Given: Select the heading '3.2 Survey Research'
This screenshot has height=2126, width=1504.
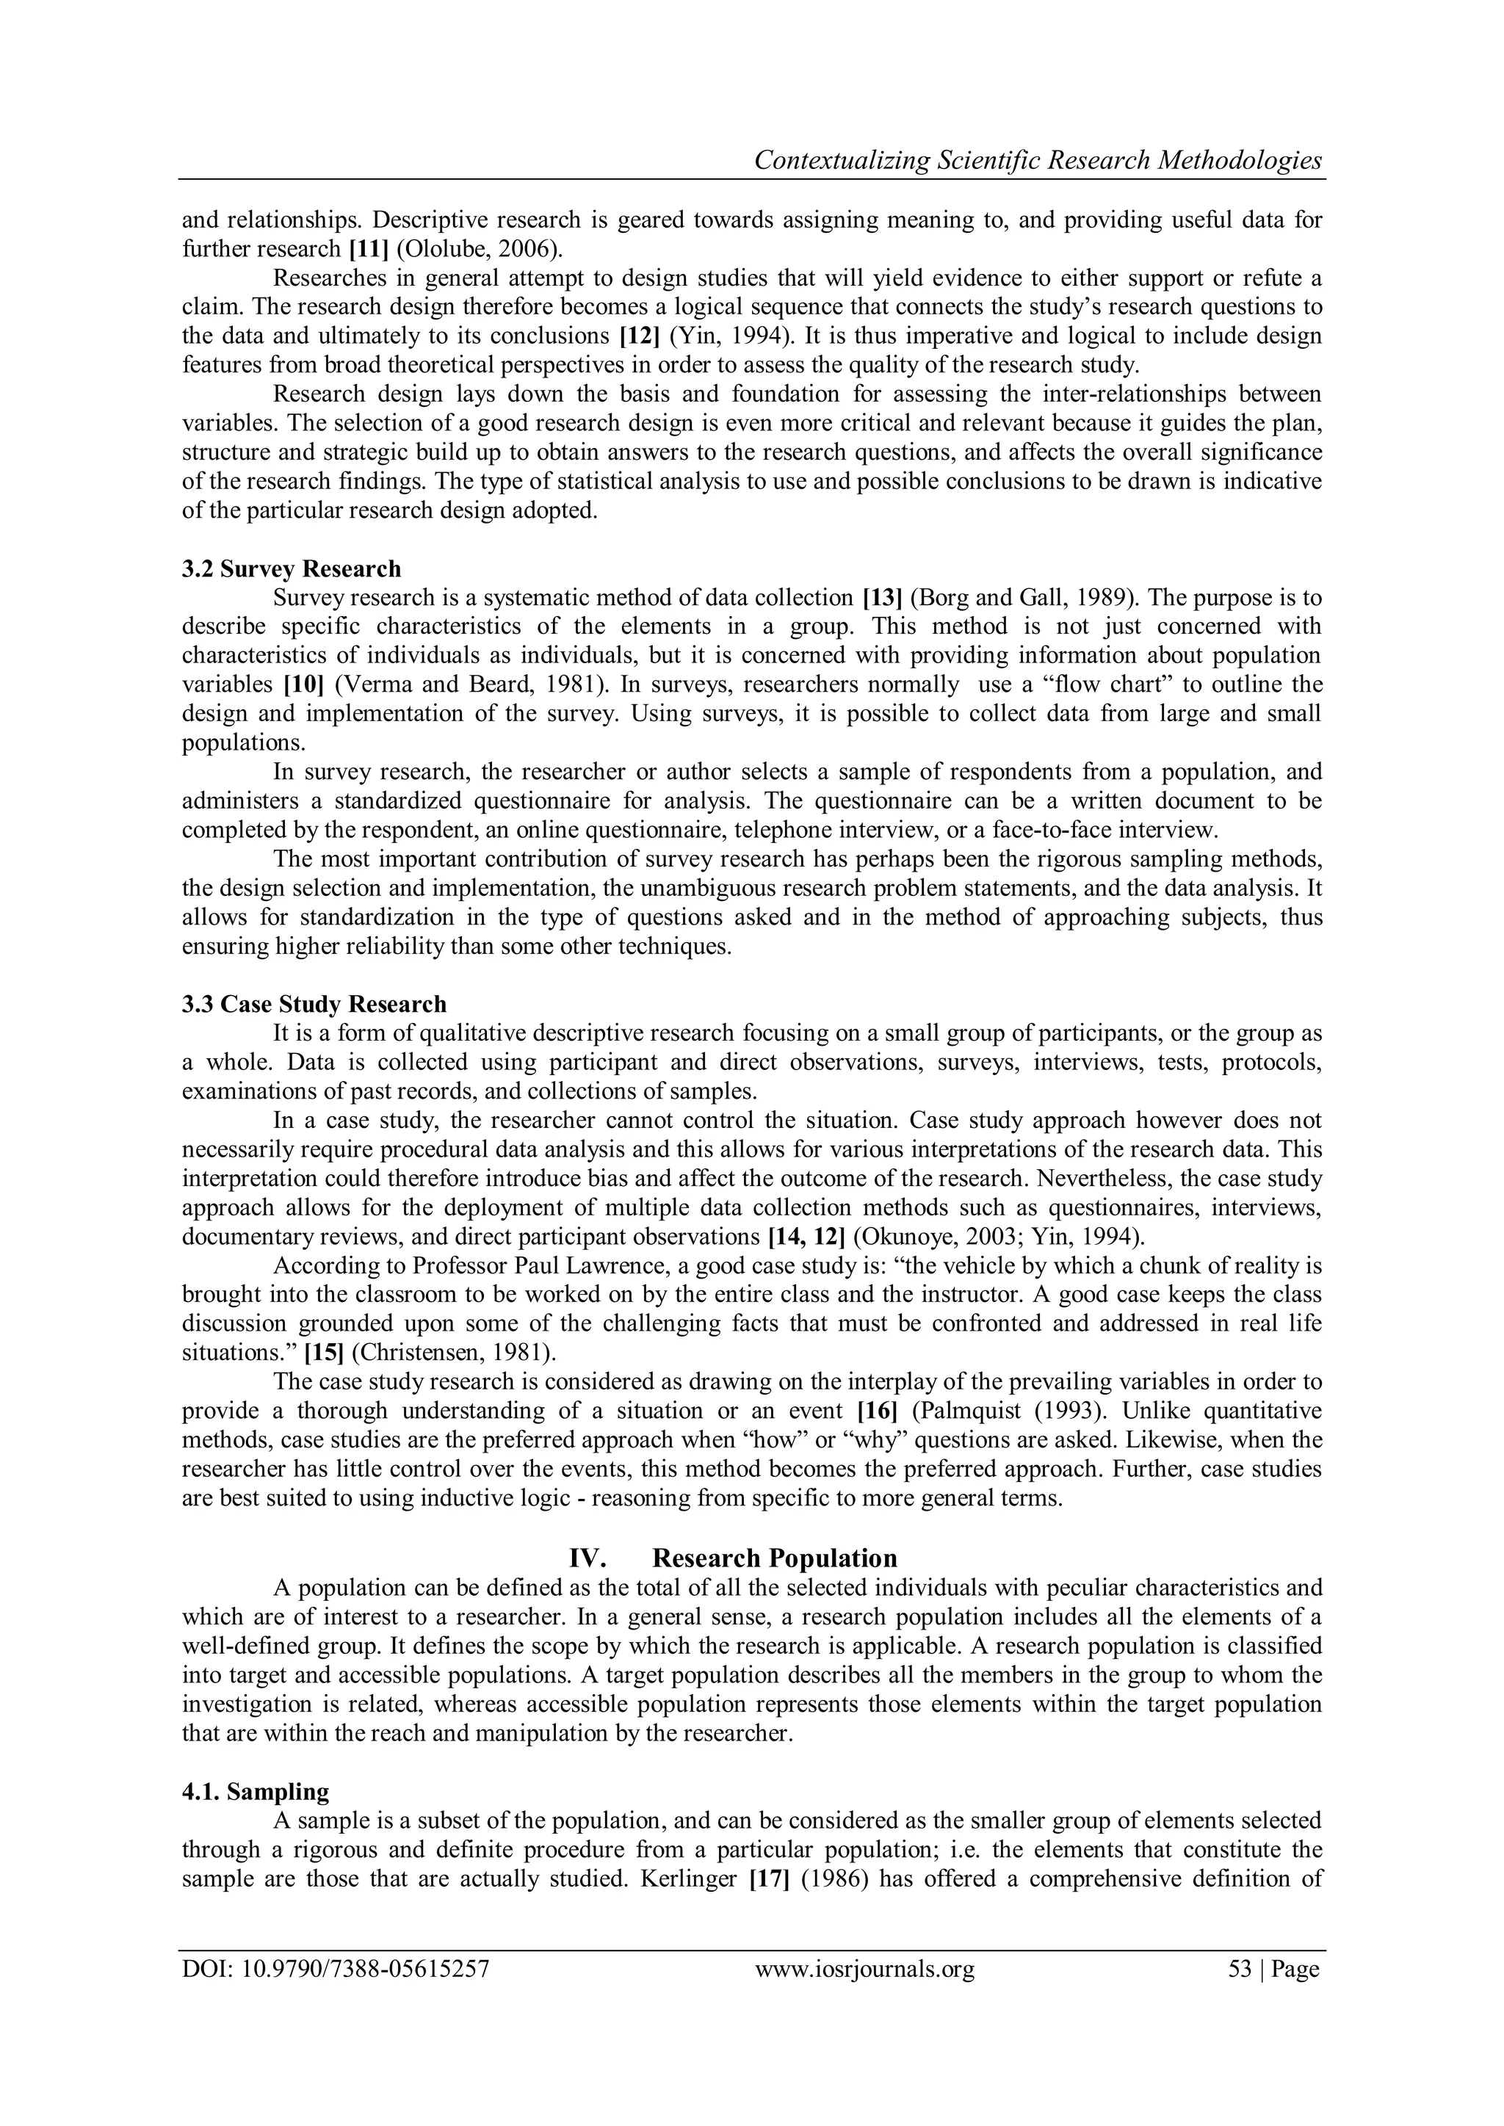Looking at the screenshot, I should point(292,568).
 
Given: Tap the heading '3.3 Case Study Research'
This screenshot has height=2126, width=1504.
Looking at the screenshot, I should point(314,1004).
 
